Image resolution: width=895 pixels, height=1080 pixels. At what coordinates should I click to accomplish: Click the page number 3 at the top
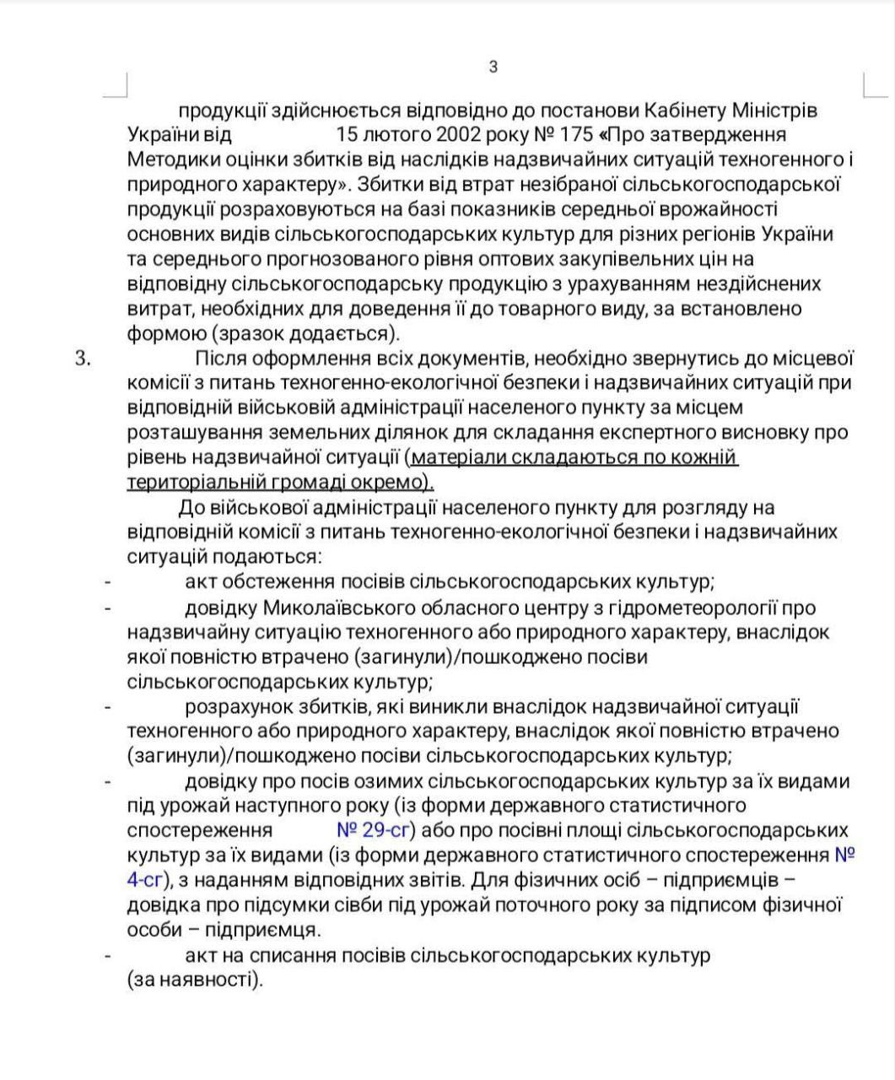(493, 67)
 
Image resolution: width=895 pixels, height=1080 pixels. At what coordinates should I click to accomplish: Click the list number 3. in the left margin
(83, 358)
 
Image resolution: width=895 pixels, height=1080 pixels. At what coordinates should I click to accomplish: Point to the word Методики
(173, 159)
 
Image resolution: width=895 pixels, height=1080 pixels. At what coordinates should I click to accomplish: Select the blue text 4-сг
(144, 881)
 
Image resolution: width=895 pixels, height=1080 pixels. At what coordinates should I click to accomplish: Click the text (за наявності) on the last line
(195, 980)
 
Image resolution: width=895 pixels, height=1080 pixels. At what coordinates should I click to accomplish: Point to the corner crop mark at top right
(871, 85)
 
